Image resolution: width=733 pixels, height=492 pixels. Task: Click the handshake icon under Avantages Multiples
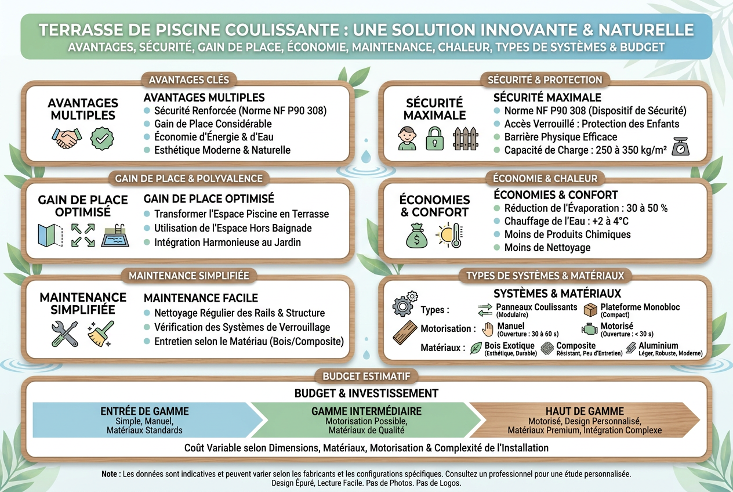click(67, 139)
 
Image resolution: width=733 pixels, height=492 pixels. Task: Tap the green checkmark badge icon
click(102, 139)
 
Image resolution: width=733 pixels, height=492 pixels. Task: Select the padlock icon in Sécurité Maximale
click(434, 139)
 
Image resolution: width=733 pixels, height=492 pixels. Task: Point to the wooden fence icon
click(466, 139)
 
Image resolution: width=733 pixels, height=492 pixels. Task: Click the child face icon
click(407, 139)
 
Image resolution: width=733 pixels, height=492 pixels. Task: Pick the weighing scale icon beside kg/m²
click(681, 146)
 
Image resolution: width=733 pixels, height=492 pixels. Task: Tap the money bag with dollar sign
click(416, 236)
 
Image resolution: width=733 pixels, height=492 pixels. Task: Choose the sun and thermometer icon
click(449, 236)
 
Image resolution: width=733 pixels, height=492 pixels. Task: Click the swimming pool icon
click(115, 236)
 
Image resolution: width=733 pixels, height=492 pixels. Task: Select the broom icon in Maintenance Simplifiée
click(101, 334)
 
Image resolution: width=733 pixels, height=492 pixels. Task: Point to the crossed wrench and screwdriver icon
click(65, 334)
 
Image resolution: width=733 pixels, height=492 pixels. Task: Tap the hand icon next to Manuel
click(488, 330)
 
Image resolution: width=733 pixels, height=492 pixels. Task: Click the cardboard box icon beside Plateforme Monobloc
click(591, 310)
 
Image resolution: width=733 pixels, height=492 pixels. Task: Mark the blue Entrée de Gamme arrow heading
click(144, 411)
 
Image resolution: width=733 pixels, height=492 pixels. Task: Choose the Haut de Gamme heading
click(585, 411)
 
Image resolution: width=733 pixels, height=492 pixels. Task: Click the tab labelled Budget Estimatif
click(366, 377)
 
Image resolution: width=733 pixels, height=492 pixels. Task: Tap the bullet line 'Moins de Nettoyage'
click(547, 248)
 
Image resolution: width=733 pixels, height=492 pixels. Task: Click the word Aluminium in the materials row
click(658, 345)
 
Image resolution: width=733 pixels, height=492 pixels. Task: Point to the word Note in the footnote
click(109, 474)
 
